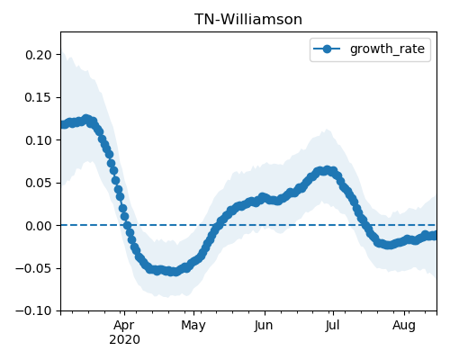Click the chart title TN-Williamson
pyautogui.click(x=248, y=20)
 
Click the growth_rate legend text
pyautogui.click(x=387, y=49)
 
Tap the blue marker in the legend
pyautogui.click(x=327, y=49)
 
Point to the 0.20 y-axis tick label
pyautogui.click(x=39, y=55)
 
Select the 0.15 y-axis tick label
pyautogui.click(x=39, y=97)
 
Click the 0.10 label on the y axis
pyautogui.click(x=39, y=140)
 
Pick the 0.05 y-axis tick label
pyautogui.click(x=39, y=183)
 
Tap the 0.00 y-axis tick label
pyautogui.click(x=39, y=226)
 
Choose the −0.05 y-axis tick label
pyautogui.click(x=33, y=268)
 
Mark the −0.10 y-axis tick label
pyautogui.click(x=33, y=310)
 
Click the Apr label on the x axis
pyautogui.click(x=124, y=326)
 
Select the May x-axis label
pyautogui.click(x=193, y=326)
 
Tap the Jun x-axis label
pyautogui.click(x=264, y=326)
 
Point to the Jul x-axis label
pyautogui.click(x=332, y=326)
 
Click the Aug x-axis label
pyautogui.click(x=404, y=326)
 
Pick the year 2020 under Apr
pyautogui.click(x=124, y=339)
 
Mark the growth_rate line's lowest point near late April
pyautogui.click(x=174, y=272)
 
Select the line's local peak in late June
pyautogui.click(x=327, y=170)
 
